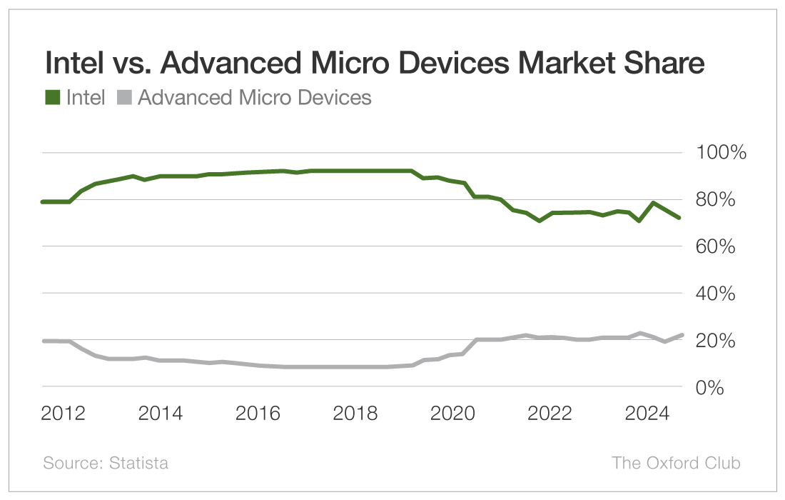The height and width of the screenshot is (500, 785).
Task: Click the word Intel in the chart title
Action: [75, 63]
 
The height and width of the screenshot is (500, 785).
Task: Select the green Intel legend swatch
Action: [52, 98]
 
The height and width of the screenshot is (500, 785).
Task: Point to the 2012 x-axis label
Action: [64, 414]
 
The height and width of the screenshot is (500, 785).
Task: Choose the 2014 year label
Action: [161, 414]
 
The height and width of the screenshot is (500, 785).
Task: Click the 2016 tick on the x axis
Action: [258, 414]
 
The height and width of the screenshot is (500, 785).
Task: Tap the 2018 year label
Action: [355, 414]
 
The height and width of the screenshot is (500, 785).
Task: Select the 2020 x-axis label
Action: [451, 414]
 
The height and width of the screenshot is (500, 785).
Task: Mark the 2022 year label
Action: [548, 414]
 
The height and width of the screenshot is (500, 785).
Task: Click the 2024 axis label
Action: [646, 414]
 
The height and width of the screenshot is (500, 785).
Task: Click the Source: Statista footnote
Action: [106, 463]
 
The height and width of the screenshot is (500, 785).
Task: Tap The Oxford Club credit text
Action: [676, 463]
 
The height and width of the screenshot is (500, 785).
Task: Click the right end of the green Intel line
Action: [679, 217]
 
